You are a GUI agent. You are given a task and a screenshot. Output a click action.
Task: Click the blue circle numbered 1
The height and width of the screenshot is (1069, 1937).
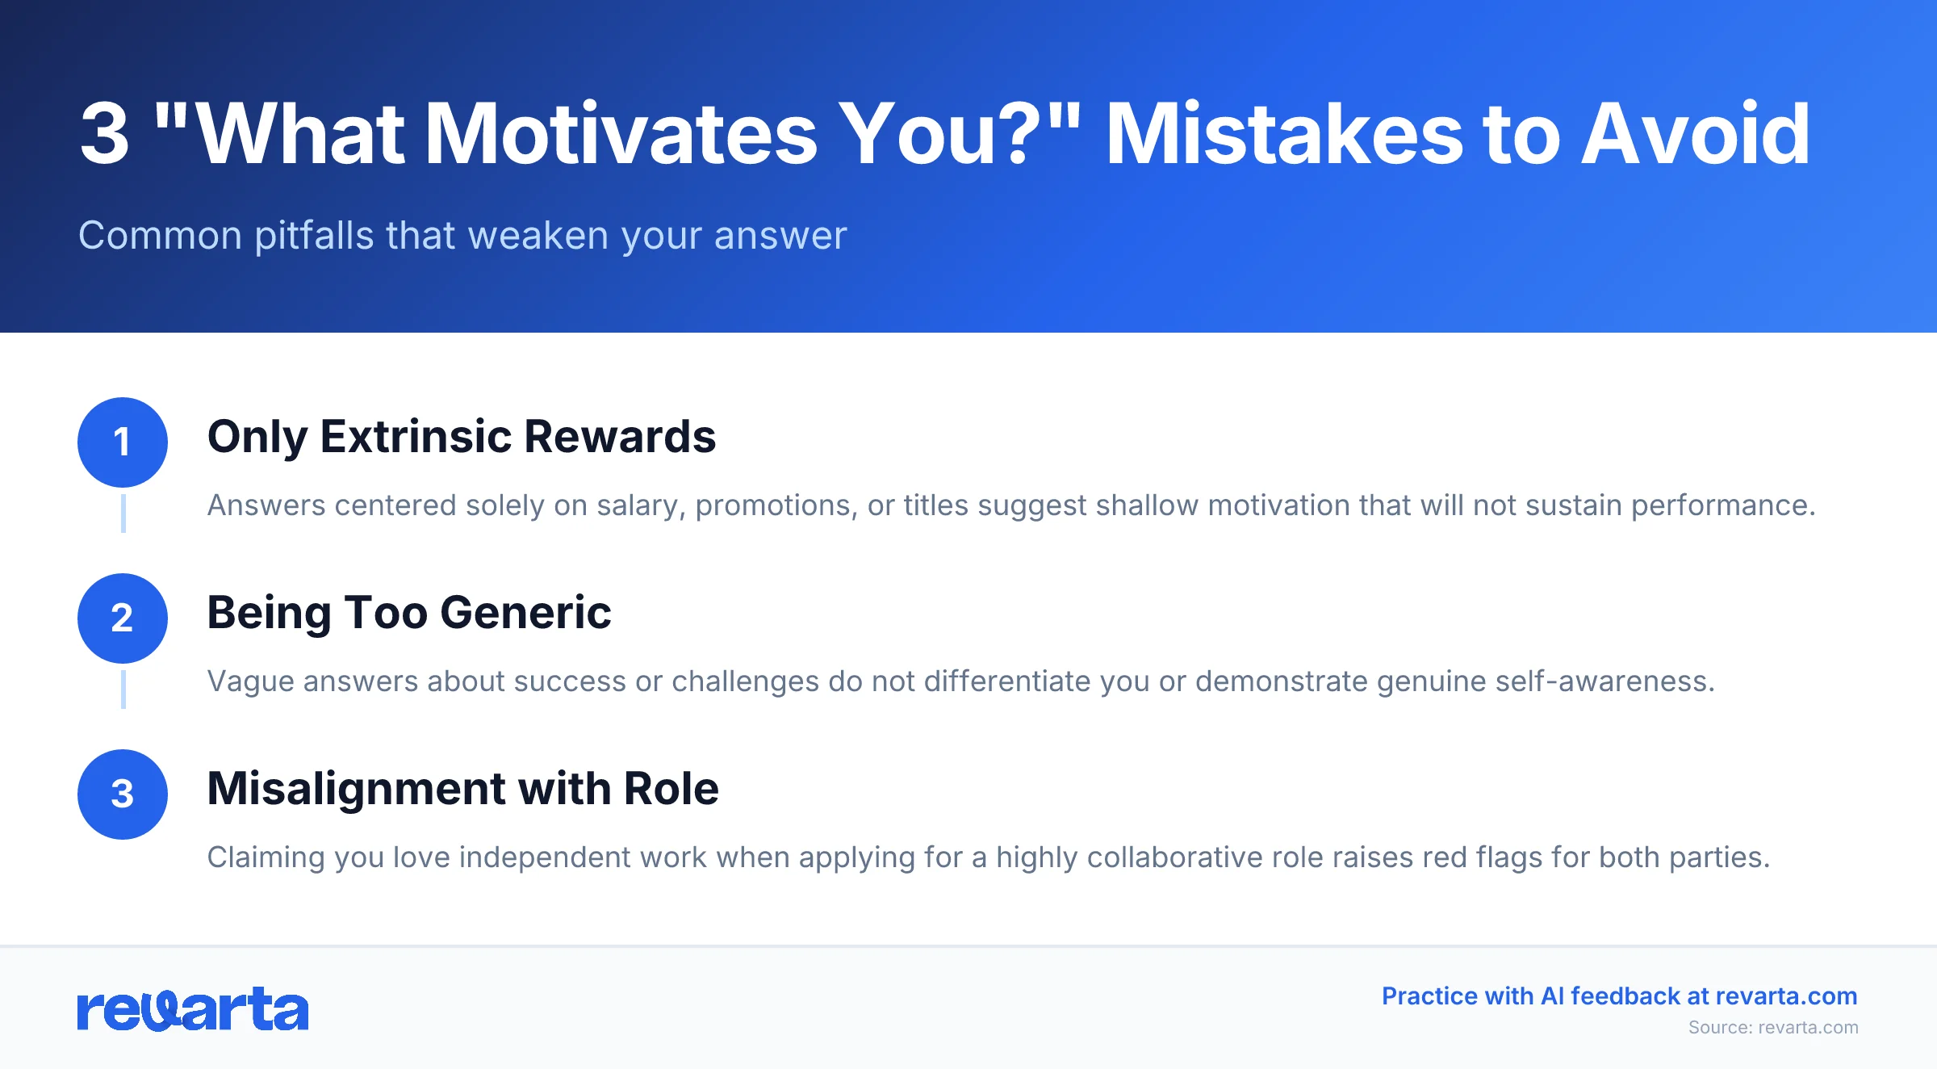tap(122, 442)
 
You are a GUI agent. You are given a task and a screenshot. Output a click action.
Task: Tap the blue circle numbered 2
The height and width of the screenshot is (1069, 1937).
tap(122, 618)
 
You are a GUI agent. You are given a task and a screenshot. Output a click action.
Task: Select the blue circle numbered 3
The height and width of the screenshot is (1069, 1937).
tap(122, 794)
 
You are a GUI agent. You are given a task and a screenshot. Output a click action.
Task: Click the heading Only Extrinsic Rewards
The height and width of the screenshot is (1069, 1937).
tap(461, 437)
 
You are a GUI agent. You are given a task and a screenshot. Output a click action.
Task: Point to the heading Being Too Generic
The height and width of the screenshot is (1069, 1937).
tap(408, 613)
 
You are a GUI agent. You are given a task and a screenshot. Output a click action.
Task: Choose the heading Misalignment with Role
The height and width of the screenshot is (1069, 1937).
tap(462, 789)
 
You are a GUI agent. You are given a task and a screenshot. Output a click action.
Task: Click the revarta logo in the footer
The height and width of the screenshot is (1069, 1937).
tap(192, 1009)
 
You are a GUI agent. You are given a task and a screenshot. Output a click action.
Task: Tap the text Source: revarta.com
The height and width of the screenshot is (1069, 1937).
tap(1772, 1027)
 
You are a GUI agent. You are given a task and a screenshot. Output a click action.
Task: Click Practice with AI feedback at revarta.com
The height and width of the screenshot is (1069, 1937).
tap(1619, 996)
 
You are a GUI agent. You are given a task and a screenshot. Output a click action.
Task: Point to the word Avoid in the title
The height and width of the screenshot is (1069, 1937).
tap(1695, 134)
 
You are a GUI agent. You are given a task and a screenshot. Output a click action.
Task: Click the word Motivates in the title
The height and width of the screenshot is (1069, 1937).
tap(620, 134)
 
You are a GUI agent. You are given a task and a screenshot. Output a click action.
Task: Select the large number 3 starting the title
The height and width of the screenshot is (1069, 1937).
tap(105, 134)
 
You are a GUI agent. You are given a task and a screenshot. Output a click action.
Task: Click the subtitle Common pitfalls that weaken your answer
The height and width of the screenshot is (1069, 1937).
tap(462, 236)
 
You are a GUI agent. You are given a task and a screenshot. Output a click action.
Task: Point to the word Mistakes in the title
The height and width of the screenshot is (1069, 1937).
tap(1283, 134)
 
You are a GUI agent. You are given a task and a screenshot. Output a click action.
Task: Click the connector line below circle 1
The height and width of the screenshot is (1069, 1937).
tap(123, 514)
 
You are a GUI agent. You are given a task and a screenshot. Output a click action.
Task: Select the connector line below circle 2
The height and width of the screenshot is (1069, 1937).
tap(123, 690)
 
